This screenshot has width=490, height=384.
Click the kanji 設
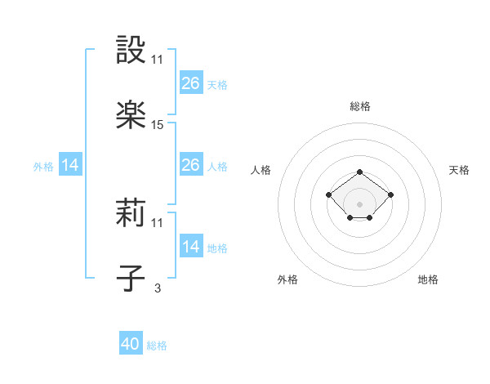point(131,51)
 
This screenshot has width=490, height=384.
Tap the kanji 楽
point(131,114)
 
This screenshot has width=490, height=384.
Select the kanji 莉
point(131,214)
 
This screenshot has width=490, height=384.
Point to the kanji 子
point(131,278)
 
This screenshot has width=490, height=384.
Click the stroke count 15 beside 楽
point(158,125)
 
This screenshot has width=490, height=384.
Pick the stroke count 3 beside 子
point(158,288)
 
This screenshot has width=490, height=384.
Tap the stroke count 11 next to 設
point(158,60)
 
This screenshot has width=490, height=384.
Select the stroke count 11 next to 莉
point(158,223)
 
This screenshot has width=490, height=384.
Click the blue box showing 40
point(131,345)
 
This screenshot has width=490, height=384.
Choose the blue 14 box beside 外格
point(70,166)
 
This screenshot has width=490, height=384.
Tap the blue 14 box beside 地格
point(191,248)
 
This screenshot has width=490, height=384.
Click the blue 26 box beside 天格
point(191,83)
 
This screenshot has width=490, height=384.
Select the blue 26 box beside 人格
point(191,166)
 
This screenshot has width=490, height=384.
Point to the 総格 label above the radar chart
point(359,107)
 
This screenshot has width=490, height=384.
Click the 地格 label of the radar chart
point(428,280)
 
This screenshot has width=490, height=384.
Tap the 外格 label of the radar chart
point(287,280)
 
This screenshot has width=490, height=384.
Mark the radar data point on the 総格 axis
point(359,172)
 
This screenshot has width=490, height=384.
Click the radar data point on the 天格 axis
point(390,194)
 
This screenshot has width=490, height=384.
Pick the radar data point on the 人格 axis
point(328,194)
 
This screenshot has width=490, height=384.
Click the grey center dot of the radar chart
point(359,204)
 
